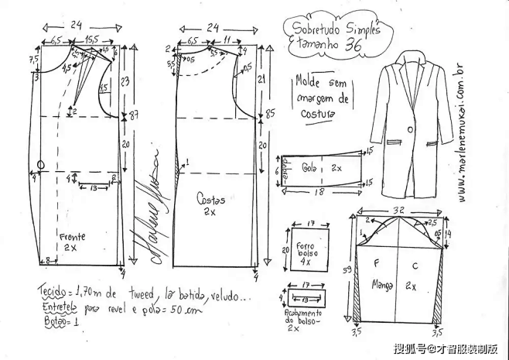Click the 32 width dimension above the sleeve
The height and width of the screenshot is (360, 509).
point(398,210)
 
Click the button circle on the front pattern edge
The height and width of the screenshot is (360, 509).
point(41,165)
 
